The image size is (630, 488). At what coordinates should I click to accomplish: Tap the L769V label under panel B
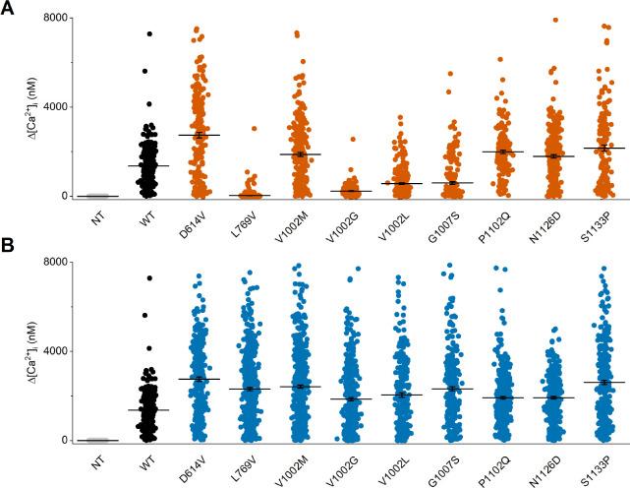pos(251,461)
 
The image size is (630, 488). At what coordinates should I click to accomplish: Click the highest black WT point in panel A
pos(149,33)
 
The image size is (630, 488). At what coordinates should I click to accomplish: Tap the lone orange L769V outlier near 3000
pos(254,129)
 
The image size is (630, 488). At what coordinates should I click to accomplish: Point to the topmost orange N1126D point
pos(555,20)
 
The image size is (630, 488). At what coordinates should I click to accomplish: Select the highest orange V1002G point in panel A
pos(352,140)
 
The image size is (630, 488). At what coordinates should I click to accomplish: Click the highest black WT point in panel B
pos(149,278)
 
